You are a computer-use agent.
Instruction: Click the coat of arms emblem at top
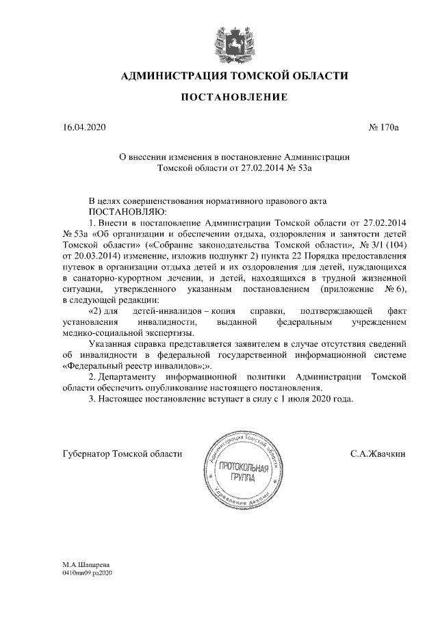[x=233, y=40]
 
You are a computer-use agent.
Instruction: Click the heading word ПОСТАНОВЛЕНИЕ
[x=233, y=98]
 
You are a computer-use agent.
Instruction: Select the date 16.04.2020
[x=83, y=127]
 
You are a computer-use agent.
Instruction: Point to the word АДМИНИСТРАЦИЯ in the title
[x=174, y=75]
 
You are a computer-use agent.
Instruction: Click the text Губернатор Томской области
[x=123, y=453]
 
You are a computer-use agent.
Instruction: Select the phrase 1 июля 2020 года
[x=313, y=399]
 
